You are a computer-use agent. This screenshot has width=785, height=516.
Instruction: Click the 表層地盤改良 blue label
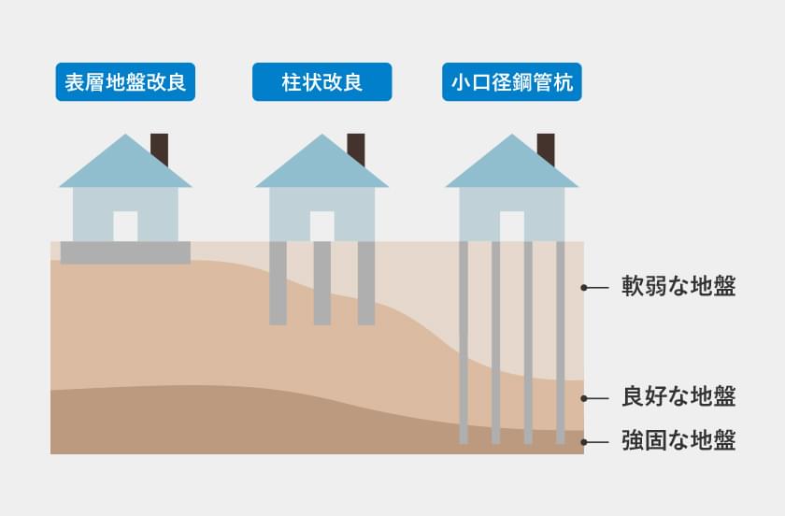125,82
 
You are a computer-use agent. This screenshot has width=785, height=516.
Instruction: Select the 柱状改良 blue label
321,82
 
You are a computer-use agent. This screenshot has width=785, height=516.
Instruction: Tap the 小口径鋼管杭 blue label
511,82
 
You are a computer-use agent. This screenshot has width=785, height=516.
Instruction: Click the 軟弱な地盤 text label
678,287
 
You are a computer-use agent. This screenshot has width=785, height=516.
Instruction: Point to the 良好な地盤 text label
678,397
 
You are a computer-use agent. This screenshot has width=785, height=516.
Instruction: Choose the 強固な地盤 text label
678,440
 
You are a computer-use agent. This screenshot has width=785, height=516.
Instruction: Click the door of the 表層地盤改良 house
125,226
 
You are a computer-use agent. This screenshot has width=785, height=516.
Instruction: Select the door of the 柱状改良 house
321,226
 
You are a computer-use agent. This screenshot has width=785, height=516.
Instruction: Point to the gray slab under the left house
125,252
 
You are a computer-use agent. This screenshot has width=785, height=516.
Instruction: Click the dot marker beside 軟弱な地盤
583,288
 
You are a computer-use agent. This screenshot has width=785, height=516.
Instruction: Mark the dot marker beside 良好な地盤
583,398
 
